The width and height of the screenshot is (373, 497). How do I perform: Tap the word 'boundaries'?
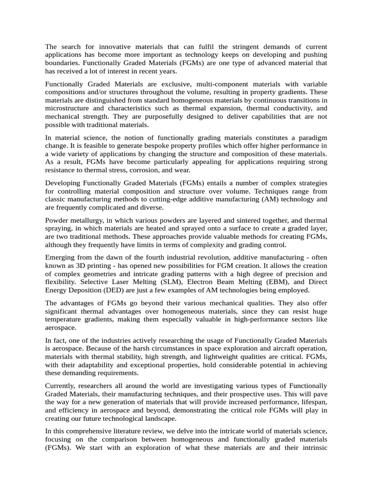[x=62, y=63]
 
